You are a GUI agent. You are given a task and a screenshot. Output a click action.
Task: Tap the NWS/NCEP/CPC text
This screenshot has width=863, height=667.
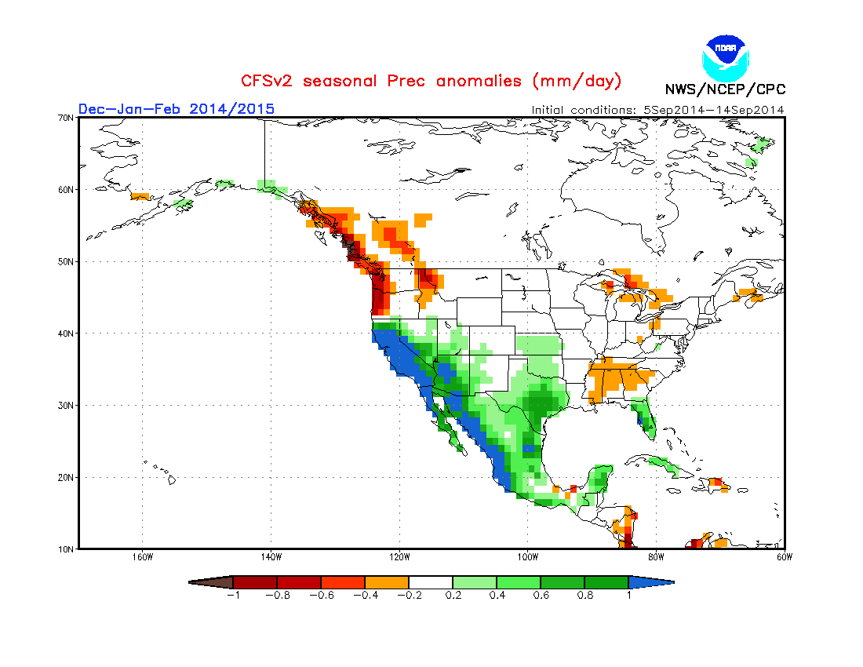[x=725, y=89]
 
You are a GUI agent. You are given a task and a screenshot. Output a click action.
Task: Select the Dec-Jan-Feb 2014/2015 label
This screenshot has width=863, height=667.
[x=177, y=108]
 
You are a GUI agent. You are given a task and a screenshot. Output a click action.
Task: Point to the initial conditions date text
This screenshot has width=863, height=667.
[x=657, y=110]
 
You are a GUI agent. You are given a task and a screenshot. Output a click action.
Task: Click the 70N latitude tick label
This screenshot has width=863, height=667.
[x=66, y=118]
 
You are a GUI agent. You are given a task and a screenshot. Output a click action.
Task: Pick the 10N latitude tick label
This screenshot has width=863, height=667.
[x=66, y=549]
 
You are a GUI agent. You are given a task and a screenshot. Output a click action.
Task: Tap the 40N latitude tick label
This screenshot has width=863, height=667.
[x=66, y=333]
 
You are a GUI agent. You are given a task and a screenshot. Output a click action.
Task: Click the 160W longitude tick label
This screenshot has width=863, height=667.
[x=142, y=558]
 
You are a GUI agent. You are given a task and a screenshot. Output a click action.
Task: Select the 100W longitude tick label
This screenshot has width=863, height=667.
[x=528, y=558]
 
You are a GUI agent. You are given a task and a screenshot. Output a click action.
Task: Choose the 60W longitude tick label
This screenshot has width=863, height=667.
[x=784, y=558]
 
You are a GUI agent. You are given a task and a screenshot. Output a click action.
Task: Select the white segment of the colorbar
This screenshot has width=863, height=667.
[x=431, y=582]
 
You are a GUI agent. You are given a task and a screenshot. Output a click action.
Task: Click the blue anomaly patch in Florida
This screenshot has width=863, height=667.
[x=641, y=420]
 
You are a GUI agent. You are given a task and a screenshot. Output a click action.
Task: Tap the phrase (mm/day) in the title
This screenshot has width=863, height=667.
[x=577, y=81]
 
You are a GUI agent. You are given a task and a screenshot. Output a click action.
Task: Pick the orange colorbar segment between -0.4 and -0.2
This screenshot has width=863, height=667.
[x=387, y=582]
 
